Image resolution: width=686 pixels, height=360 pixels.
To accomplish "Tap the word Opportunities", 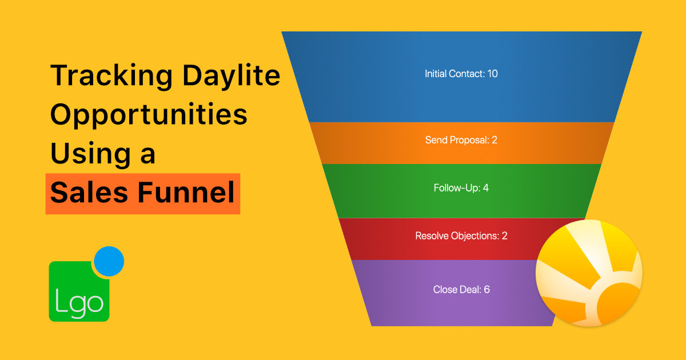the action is [149, 115].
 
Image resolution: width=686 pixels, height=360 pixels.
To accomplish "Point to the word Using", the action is [91, 154].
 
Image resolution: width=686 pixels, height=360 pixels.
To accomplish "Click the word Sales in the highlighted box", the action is [89, 192].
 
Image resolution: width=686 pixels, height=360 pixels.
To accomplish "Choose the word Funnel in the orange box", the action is [186, 191].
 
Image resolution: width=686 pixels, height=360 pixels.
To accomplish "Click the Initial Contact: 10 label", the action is [461, 74].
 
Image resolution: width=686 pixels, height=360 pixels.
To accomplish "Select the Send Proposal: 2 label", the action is [461, 140].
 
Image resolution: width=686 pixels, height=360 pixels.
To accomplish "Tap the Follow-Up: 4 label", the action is [461, 188].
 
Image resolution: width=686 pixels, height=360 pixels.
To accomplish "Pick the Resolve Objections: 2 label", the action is [461, 235].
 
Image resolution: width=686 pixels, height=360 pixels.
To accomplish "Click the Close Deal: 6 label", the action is [461, 290].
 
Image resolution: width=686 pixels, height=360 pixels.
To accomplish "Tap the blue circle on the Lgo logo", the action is [109, 262].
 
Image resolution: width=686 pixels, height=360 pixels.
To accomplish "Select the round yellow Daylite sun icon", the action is [589, 273].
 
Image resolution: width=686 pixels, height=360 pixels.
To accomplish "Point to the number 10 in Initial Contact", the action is [492, 74].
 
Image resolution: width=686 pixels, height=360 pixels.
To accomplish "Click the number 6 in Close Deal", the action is [486, 290].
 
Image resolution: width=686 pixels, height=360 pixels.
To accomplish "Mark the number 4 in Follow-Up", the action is [486, 188].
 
